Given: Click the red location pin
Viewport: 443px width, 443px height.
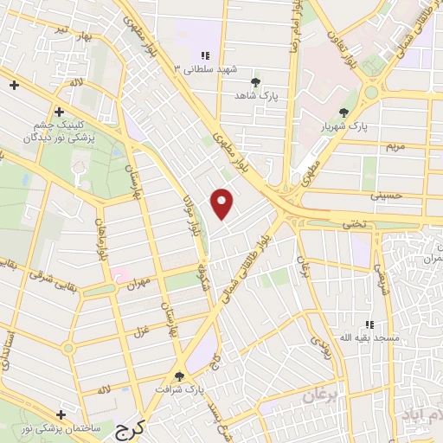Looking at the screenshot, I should [x=222, y=203].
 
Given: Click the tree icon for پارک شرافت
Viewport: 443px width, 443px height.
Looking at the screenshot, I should [x=180, y=376].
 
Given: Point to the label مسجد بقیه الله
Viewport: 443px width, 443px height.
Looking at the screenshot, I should [x=370, y=337].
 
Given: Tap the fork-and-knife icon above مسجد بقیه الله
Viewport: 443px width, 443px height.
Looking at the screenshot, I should [x=369, y=324].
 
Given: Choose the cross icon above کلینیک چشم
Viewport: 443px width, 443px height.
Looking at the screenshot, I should [x=59, y=112].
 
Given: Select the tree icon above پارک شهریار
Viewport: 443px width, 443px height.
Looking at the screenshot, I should [x=344, y=112].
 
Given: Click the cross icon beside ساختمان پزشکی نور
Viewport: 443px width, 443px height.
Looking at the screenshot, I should [x=60, y=414].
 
